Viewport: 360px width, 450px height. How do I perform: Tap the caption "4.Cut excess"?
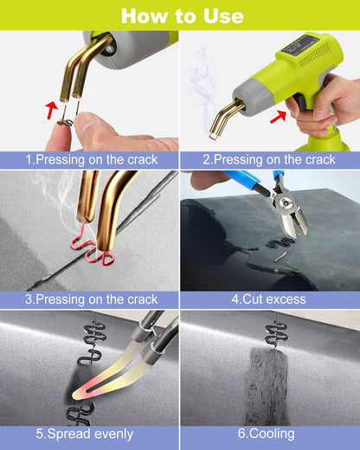point(269,299)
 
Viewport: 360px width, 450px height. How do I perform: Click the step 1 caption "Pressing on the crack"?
point(89,160)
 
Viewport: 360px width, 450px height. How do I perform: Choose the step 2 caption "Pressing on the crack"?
point(269,160)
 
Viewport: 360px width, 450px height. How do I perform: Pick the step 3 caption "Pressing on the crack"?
point(89,299)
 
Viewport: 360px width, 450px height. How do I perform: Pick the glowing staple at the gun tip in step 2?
point(215,135)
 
